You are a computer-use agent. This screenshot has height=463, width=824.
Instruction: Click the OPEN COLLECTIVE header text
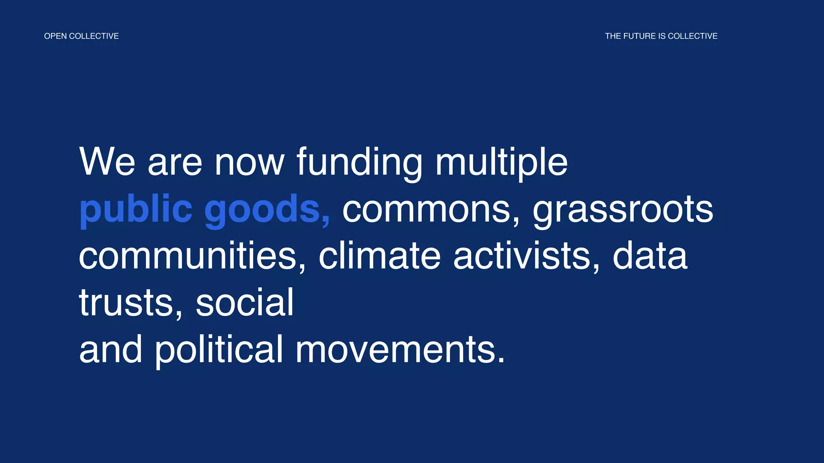(81, 36)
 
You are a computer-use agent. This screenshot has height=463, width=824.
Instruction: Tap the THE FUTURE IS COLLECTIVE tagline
(661, 36)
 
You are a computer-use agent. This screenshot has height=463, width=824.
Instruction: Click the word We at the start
(107, 162)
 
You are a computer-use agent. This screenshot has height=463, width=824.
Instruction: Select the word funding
(359, 162)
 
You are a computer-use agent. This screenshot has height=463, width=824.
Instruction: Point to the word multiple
(501, 162)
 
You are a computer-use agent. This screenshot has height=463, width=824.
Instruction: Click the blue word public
(136, 209)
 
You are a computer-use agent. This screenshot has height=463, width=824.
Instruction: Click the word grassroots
(623, 209)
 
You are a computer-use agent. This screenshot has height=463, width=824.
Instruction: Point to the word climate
(379, 256)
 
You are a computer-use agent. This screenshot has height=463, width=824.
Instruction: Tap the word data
(650, 256)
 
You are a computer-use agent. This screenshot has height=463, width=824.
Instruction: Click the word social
(245, 303)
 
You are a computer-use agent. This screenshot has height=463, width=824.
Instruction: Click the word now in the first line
(249, 162)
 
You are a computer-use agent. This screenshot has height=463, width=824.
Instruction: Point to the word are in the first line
(175, 162)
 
